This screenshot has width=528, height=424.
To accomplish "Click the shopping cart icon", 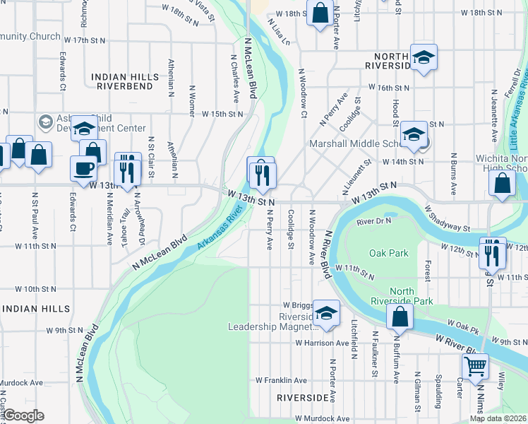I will (x=476, y=367).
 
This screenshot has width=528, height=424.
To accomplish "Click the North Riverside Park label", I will (x=422, y=296).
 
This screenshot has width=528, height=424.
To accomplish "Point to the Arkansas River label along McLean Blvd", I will (x=224, y=228).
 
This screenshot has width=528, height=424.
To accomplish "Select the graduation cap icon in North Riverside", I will (x=424, y=57).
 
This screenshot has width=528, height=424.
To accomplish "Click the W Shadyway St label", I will (x=447, y=218).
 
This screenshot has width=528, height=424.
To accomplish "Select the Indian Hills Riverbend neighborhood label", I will (x=124, y=80).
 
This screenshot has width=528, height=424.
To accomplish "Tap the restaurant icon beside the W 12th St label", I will (x=492, y=252).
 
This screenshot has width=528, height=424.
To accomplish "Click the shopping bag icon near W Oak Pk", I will (x=400, y=318).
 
